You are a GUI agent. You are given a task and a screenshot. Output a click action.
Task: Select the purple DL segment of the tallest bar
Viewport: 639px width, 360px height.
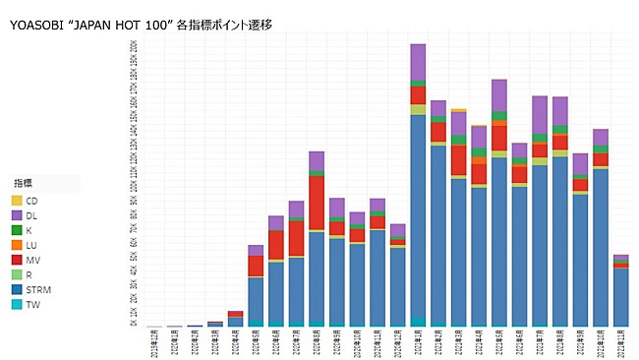coord(418,62)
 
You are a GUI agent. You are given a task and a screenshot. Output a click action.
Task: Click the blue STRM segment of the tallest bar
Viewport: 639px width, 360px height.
coord(418,216)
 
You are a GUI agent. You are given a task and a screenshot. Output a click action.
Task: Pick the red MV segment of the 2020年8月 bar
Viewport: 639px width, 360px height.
coord(317,202)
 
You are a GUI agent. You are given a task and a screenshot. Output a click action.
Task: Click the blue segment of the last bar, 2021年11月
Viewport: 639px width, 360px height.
coord(620,295)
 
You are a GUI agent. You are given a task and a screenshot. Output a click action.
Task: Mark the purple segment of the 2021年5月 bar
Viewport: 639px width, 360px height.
coord(498,95)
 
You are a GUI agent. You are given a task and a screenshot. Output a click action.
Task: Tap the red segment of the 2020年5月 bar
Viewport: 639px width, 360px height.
coord(256,266)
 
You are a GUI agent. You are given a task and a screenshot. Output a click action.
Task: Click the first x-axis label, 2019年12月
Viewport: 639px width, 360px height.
coord(154,341)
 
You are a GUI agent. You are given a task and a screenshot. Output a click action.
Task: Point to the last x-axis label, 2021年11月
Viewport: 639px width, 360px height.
coord(620,341)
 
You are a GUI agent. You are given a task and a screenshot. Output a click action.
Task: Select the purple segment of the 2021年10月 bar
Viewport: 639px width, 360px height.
coord(600,137)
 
